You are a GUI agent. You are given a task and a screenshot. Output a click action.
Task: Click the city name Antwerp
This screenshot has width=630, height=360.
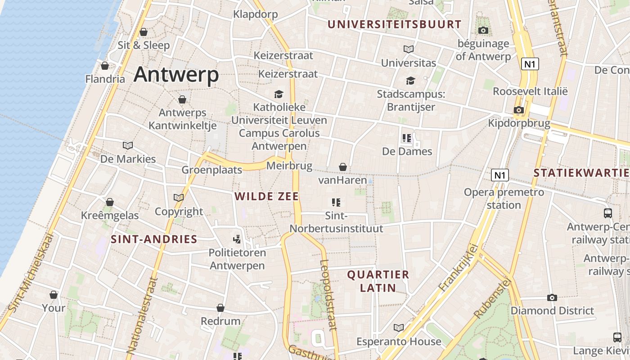click(x=176, y=74)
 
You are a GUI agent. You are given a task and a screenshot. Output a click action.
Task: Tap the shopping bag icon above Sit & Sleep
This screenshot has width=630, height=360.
click(x=144, y=32)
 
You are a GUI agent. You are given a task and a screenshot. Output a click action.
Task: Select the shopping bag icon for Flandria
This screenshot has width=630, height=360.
click(x=105, y=66)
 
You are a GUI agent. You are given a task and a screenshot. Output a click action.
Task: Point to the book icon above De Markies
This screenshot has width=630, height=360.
click(x=128, y=145)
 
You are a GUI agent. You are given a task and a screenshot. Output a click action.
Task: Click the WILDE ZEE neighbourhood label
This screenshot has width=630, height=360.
click(x=267, y=197)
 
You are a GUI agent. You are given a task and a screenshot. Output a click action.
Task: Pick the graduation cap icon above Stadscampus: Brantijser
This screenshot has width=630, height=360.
click(x=410, y=81)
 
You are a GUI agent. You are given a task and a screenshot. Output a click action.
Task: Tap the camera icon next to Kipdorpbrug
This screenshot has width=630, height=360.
click(x=518, y=110)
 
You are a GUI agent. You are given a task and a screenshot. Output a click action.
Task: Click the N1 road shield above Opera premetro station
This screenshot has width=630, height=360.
click(x=499, y=175)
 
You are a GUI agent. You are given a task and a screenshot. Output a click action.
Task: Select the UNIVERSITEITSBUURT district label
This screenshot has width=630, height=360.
click(x=394, y=25)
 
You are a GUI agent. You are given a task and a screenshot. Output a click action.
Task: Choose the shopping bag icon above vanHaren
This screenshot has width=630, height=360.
click(x=343, y=167)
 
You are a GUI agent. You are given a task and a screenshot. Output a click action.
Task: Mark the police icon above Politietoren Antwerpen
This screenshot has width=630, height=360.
click(x=237, y=239)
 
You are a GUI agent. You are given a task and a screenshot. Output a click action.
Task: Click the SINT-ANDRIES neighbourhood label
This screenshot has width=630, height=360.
click(x=154, y=239)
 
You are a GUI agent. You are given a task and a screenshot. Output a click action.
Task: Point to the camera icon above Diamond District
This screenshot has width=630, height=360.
click(x=552, y=297)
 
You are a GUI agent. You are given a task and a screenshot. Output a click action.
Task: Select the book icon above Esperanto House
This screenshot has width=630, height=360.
click(x=399, y=328)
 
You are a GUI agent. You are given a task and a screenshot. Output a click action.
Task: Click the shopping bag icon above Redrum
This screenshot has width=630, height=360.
click(x=220, y=308)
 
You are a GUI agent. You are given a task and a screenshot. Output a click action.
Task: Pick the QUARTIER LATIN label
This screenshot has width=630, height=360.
click(x=378, y=281)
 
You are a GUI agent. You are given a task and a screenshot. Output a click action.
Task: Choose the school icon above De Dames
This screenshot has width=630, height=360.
click(x=407, y=138)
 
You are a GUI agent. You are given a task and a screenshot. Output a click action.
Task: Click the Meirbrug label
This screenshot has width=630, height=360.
click(x=289, y=166)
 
